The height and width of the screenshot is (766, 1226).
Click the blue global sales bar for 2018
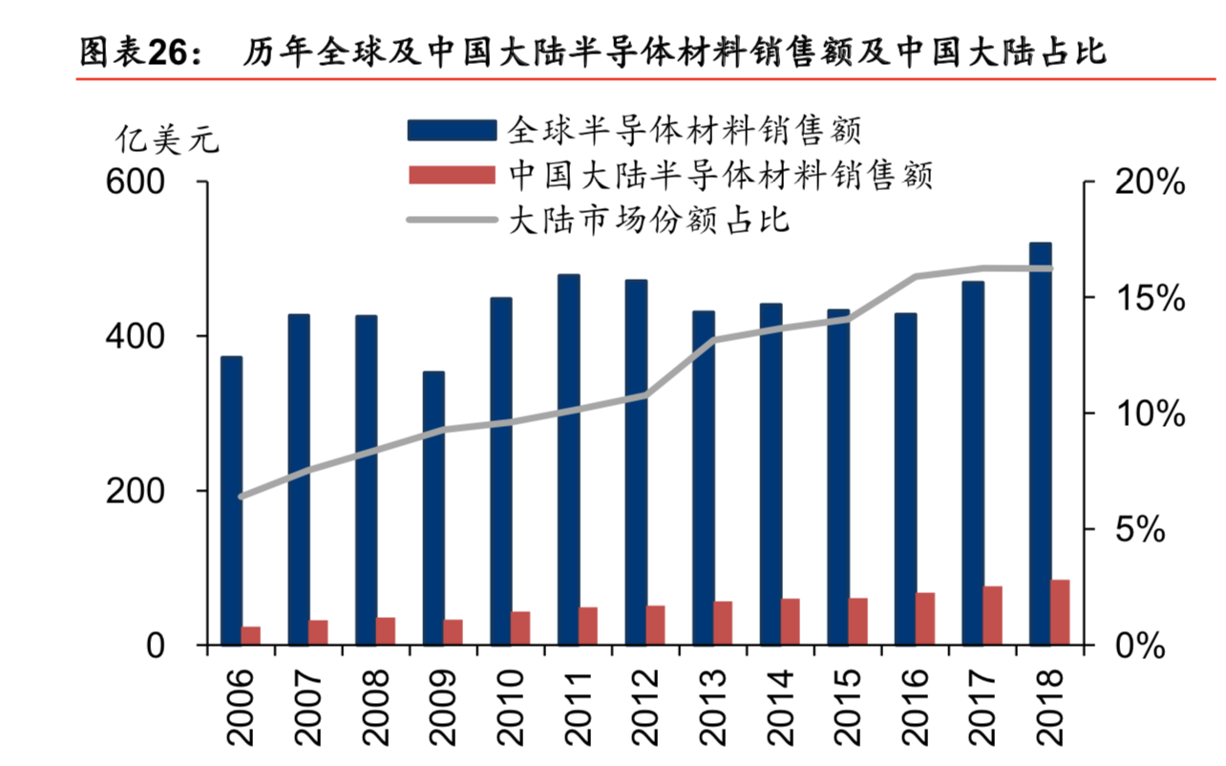(1041, 444)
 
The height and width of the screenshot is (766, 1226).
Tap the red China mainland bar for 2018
(1060, 612)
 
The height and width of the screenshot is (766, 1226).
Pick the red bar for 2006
(251, 636)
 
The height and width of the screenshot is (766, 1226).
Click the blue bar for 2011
(568, 459)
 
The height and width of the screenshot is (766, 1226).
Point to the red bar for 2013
(723, 623)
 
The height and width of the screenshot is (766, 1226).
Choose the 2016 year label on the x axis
(913, 707)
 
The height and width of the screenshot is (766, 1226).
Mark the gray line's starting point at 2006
(241, 497)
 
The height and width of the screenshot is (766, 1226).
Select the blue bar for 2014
(771, 474)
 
